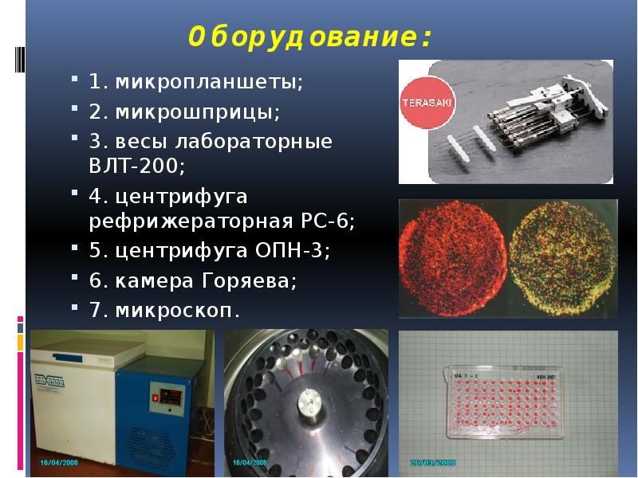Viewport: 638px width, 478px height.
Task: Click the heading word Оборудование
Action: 311,37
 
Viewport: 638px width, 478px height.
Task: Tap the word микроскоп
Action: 176,309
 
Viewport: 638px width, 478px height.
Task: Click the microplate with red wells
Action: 503,403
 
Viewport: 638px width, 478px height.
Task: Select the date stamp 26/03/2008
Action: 434,463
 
